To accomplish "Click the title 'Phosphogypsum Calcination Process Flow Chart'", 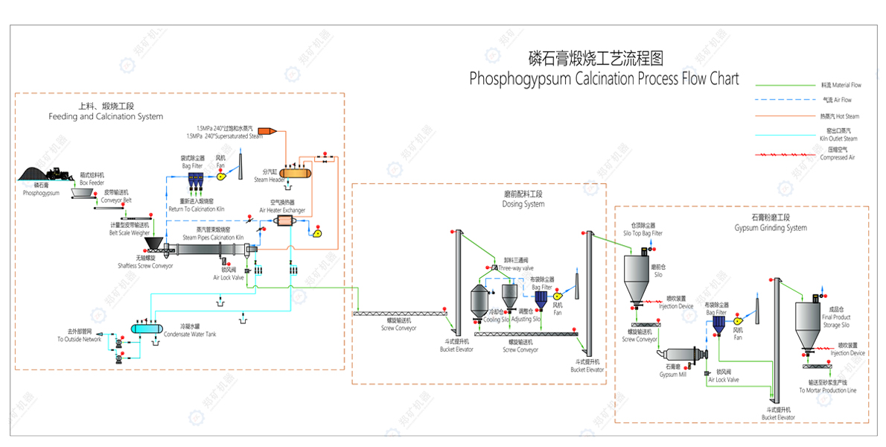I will pos(604,77).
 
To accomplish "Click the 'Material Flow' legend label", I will pos(841,85).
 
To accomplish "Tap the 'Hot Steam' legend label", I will pos(840,116).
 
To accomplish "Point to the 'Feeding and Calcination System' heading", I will pos(106,116).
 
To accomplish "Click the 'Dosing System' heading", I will pos(523,204).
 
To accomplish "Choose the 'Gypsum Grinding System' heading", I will pos(770,227).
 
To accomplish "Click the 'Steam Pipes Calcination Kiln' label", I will pos(213,238).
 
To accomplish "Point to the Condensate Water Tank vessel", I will pos(146,329).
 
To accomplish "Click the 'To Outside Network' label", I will pos(79,339).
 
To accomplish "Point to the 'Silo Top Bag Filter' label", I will pos(642,233).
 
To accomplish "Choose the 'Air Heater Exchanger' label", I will pos(282,210).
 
